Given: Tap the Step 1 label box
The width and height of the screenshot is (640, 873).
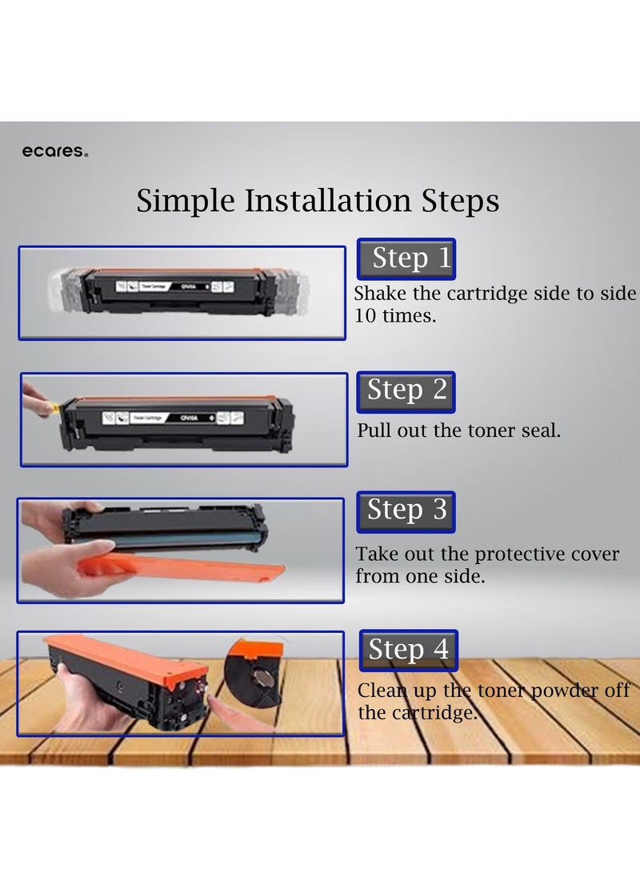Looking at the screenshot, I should [406, 258].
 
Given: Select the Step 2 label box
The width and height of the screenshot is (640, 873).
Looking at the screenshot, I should [406, 390].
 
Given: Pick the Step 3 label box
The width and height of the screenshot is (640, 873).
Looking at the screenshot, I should [406, 511].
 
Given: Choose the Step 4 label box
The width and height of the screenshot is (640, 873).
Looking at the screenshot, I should [408, 650].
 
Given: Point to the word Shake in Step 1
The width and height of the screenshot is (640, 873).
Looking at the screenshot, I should [380, 294].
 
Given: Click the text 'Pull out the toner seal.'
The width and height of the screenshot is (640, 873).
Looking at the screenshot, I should [458, 430].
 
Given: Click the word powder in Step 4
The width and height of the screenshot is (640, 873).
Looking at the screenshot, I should [570, 691].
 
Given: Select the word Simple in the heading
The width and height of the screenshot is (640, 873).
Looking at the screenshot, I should [186, 200].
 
